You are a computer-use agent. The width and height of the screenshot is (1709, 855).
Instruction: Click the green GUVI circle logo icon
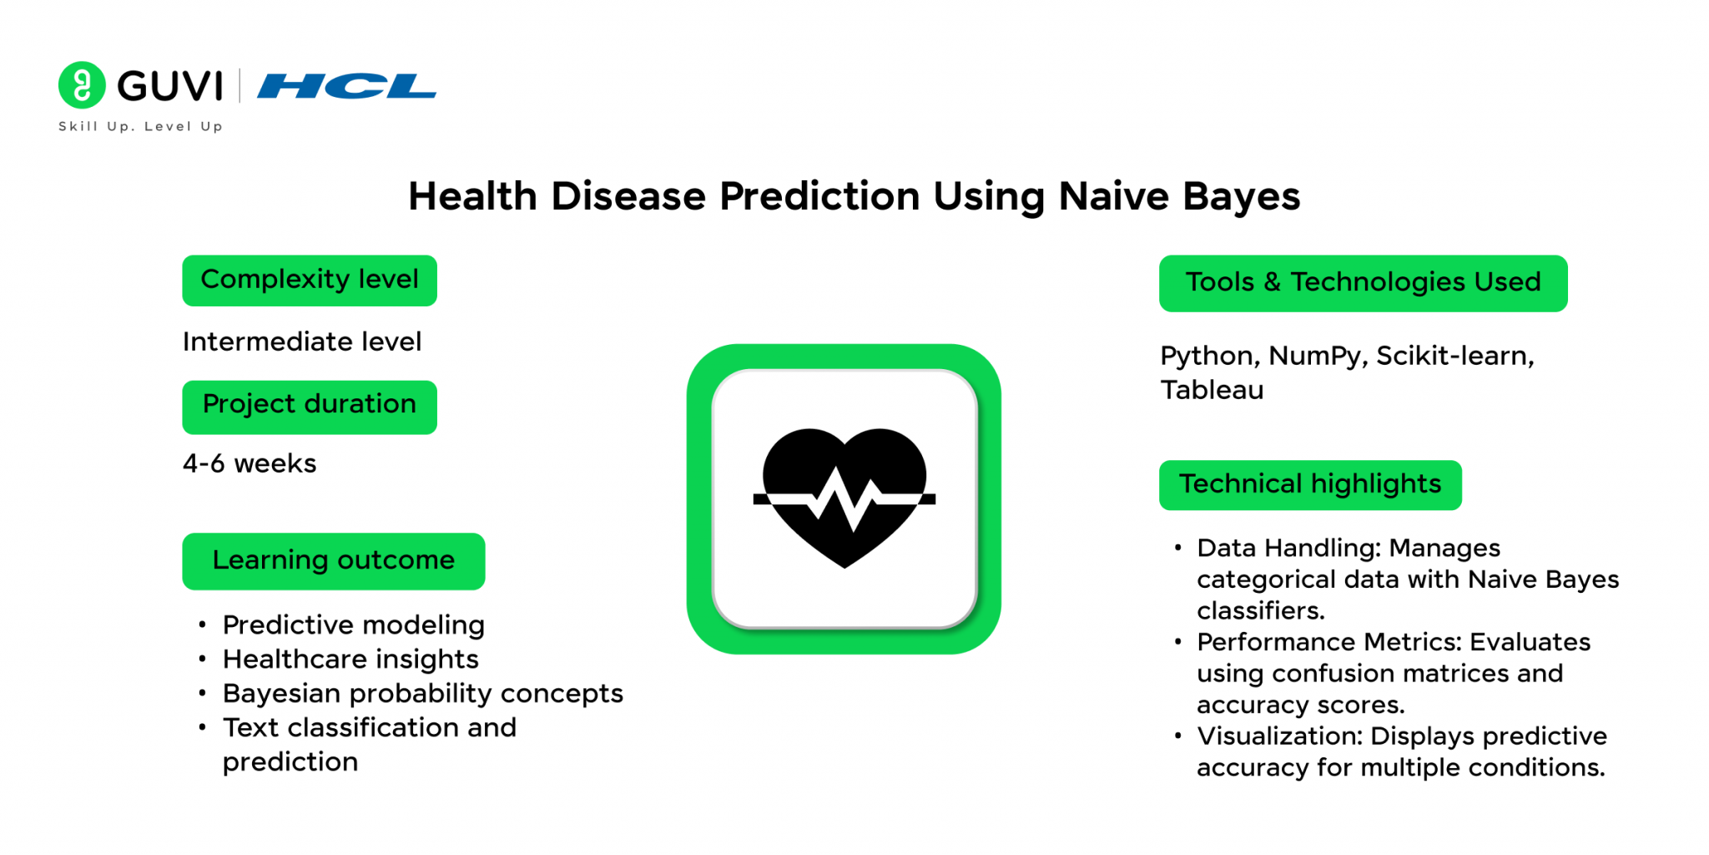(82, 85)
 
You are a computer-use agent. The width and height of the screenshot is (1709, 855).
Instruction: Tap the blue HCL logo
(346, 86)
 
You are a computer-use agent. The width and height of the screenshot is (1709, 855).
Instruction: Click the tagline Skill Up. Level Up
(140, 126)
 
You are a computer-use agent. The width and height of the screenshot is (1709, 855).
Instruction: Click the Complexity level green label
(310, 281)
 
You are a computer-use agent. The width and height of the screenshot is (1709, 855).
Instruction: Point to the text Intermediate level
(302, 341)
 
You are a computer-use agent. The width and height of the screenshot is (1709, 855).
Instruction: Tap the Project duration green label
(310, 407)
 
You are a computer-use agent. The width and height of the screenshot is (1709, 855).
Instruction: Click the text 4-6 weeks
(250, 463)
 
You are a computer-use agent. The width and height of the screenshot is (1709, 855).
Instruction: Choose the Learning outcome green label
(334, 561)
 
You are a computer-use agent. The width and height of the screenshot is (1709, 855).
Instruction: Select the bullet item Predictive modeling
(354, 625)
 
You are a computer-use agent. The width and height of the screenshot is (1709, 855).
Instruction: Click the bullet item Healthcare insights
(350, 660)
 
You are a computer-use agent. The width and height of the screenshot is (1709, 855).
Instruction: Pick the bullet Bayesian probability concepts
(423, 694)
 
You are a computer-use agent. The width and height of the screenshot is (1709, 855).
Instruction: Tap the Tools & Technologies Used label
(1364, 283)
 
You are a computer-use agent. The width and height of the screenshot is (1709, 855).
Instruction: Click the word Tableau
(1212, 390)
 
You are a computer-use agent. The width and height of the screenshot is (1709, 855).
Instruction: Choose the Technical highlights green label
(1310, 484)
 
